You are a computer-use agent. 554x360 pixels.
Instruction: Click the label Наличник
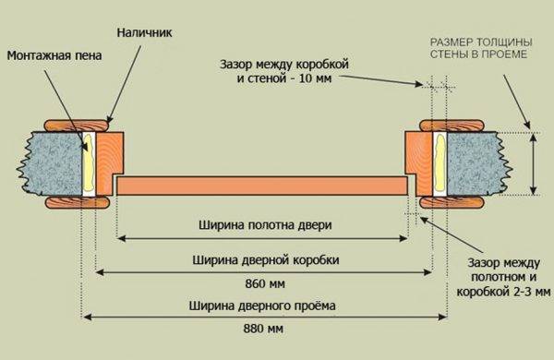[145, 33]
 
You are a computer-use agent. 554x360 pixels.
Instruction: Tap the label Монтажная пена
[53, 55]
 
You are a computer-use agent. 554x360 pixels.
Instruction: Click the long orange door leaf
[263, 186]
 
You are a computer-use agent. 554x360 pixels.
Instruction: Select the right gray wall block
[474, 164]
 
